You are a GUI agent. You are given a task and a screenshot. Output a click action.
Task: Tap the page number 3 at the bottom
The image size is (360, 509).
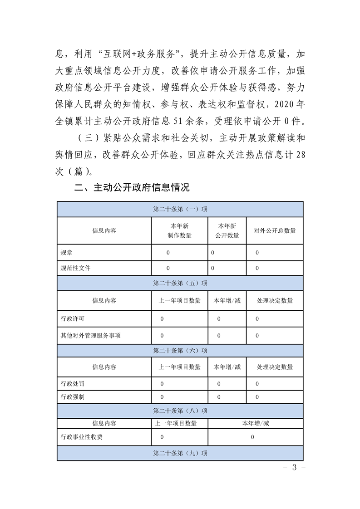(x=294, y=468)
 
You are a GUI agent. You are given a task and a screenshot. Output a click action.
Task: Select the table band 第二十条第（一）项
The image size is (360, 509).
(x=180, y=209)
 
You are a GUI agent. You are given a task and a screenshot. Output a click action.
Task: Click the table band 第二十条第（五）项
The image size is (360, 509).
(x=180, y=283)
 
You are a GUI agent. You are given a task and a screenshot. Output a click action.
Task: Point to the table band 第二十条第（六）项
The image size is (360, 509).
(x=180, y=350)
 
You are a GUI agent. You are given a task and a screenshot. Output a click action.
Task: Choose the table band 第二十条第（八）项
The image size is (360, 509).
(x=180, y=411)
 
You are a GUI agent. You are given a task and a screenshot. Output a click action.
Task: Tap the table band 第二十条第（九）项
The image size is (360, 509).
(x=180, y=453)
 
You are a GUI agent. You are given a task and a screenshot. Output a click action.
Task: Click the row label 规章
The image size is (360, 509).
(x=66, y=252)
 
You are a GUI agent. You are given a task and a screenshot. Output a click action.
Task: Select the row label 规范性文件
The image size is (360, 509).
(x=75, y=268)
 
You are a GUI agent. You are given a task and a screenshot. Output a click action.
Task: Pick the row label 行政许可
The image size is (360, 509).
(x=72, y=319)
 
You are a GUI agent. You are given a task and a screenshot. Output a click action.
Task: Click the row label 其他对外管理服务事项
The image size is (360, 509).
(x=90, y=336)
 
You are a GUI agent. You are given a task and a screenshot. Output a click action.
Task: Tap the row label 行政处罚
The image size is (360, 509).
(x=72, y=384)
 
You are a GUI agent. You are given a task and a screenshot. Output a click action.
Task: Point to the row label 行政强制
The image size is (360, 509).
(x=72, y=397)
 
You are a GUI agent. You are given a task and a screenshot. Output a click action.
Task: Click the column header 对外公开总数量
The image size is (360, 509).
(x=275, y=230)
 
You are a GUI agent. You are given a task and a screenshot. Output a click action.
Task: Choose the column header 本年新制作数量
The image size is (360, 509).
(x=179, y=230)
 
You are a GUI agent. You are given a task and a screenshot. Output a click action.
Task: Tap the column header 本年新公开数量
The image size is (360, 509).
(x=227, y=230)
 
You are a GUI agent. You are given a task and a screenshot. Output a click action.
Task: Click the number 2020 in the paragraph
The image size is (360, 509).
(x=284, y=103)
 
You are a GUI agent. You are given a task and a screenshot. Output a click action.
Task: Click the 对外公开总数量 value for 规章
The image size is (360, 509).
(x=257, y=252)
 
